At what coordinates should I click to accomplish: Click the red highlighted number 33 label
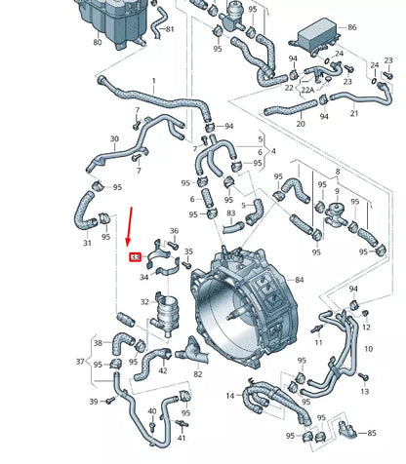(135, 257)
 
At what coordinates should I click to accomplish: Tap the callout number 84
(299, 282)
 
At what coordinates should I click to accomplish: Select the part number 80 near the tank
(97, 43)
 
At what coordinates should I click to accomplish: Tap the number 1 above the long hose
(153, 81)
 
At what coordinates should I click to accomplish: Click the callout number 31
(87, 243)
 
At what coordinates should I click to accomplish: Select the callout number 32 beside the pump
(145, 302)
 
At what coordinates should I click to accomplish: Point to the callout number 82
(198, 373)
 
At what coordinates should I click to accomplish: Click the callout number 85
(372, 432)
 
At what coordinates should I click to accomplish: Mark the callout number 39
(94, 402)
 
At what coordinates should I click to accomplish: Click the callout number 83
(231, 213)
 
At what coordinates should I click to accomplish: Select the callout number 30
(114, 139)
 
